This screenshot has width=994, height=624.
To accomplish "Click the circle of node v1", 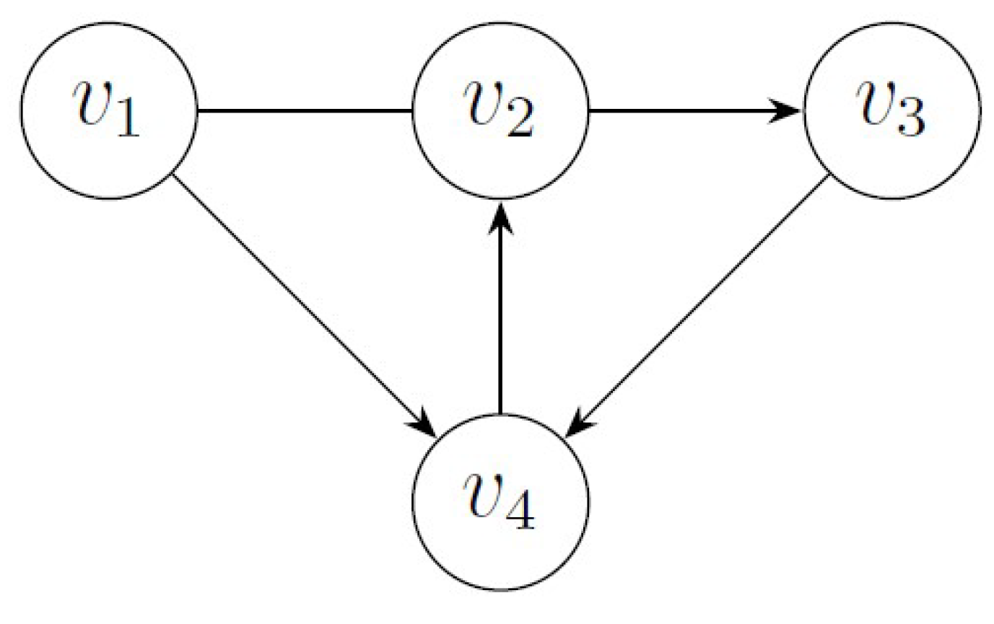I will (x=108, y=110).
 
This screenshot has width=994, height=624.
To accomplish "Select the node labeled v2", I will (x=500, y=110).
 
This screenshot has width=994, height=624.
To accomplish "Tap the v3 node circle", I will (x=891, y=110).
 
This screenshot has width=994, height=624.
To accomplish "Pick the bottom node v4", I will (x=500, y=502).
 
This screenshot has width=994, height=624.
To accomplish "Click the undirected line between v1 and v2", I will (x=303, y=111).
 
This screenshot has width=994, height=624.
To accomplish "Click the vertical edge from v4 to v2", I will (x=500, y=317).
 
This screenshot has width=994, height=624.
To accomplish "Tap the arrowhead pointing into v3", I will (x=790, y=111).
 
